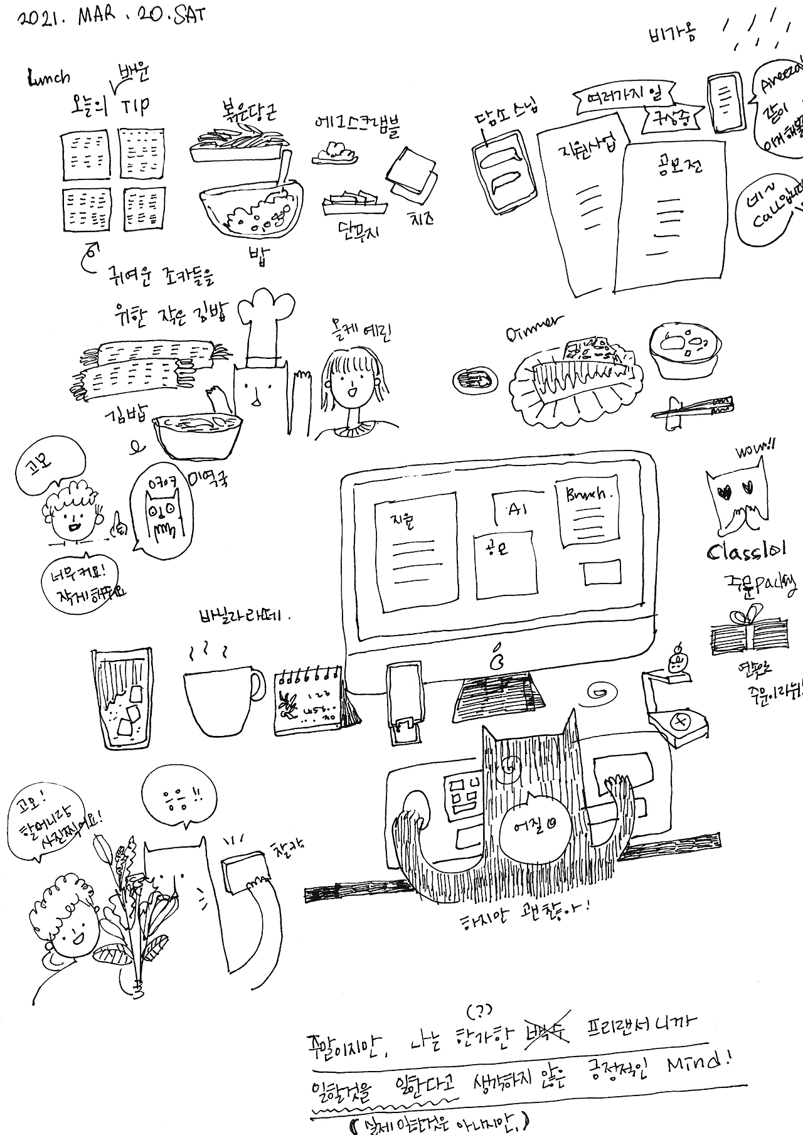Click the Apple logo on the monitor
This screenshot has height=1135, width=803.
pyautogui.click(x=498, y=657)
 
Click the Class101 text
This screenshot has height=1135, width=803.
pyautogui.click(x=747, y=552)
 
